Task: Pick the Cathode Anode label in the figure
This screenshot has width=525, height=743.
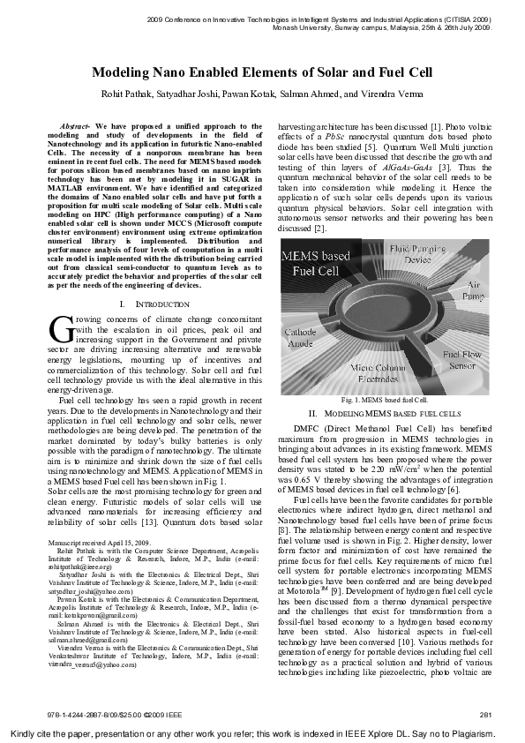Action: [301, 340]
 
